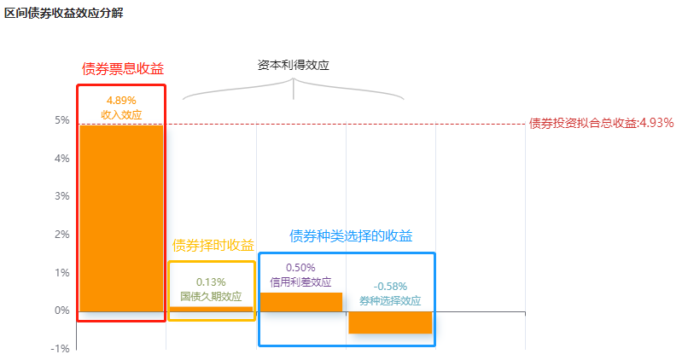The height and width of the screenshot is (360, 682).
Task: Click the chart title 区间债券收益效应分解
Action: (64, 13)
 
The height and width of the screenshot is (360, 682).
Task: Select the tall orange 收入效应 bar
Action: (121, 218)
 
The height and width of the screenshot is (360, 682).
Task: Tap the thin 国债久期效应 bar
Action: (211, 309)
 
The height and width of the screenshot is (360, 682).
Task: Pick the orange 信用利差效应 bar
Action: (301, 302)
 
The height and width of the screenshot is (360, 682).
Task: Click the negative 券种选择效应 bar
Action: (390, 322)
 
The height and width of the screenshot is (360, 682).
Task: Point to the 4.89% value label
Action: (121, 101)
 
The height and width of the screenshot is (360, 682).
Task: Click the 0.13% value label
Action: (211, 282)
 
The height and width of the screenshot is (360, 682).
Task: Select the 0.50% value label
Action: (300, 267)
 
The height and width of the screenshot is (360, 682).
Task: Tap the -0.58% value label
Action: (390, 287)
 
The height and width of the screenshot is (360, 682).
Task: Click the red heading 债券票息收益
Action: (123, 69)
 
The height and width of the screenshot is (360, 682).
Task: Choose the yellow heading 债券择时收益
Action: (213, 245)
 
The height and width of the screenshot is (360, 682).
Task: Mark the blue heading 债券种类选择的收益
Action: (351, 235)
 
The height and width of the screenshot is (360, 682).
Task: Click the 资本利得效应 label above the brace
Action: (293, 65)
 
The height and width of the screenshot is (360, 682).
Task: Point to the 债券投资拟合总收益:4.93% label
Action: (601, 123)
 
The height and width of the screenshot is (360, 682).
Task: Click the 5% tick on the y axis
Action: (62, 120)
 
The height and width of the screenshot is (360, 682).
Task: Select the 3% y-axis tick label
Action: (62, 196)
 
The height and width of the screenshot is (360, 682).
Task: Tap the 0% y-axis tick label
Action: (62, 311)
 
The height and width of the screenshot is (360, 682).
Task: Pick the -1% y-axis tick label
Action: (61, 349)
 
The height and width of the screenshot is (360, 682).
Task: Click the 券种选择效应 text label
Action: (390, 301)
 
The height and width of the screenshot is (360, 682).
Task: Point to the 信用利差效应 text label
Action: (300, 282)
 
